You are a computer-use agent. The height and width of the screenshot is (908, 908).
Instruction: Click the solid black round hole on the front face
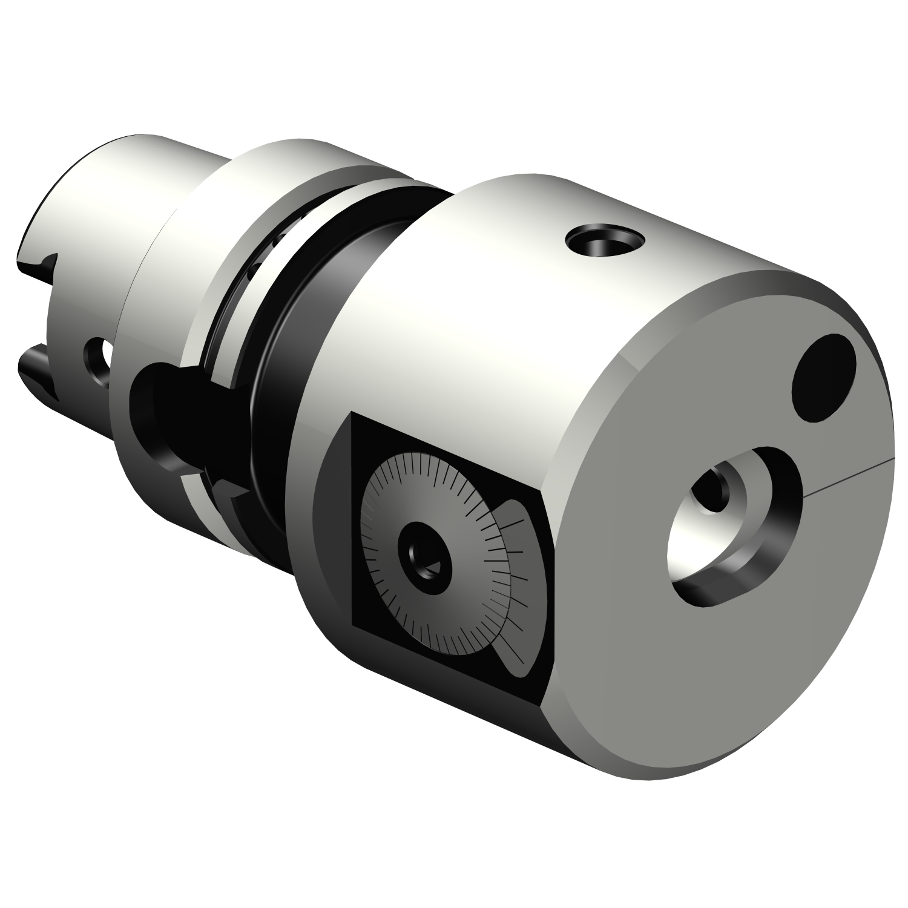[x=824, y=375]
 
